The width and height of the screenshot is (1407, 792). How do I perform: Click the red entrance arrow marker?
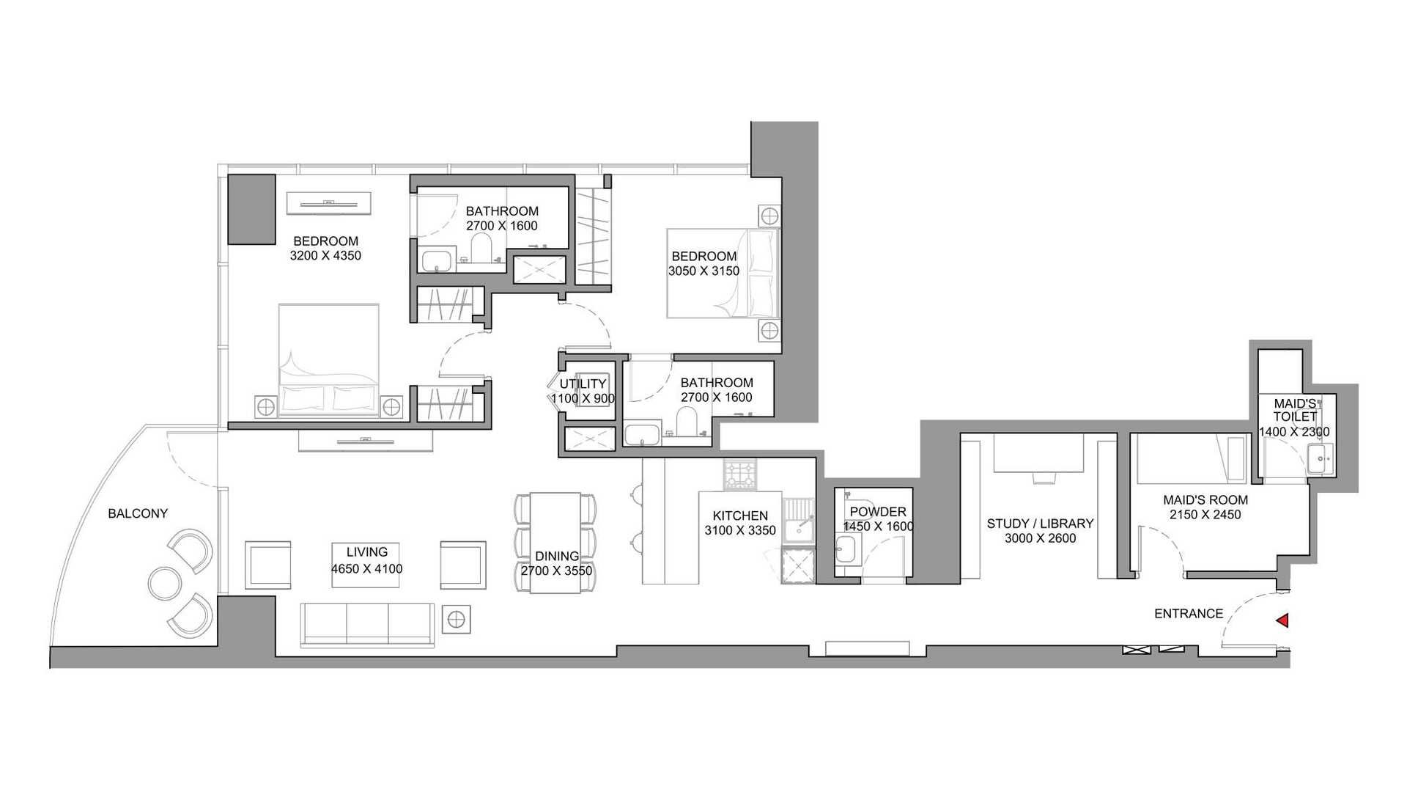point(1282,621)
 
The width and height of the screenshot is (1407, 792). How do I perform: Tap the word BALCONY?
point(138,513)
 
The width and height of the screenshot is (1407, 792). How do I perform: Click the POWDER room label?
point(878,512)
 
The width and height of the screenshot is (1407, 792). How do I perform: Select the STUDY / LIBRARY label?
point(1040,524)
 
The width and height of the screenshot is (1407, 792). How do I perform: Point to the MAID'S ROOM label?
point(1205,500)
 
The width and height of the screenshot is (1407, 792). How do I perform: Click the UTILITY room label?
point(583,384)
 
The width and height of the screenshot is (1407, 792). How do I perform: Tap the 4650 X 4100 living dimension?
point(366,568)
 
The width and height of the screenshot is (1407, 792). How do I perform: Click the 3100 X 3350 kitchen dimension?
point(740,530)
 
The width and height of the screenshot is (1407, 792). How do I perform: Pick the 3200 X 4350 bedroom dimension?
point(325,256)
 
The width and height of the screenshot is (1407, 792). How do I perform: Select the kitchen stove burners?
point(742,474)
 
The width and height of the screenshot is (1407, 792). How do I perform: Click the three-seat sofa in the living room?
point(367,626)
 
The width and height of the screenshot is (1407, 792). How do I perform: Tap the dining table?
point(555,543)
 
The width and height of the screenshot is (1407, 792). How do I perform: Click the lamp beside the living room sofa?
point(457,620)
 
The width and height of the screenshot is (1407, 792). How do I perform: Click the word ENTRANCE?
point(1189,614)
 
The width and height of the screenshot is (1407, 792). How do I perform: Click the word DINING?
point(557,557)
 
